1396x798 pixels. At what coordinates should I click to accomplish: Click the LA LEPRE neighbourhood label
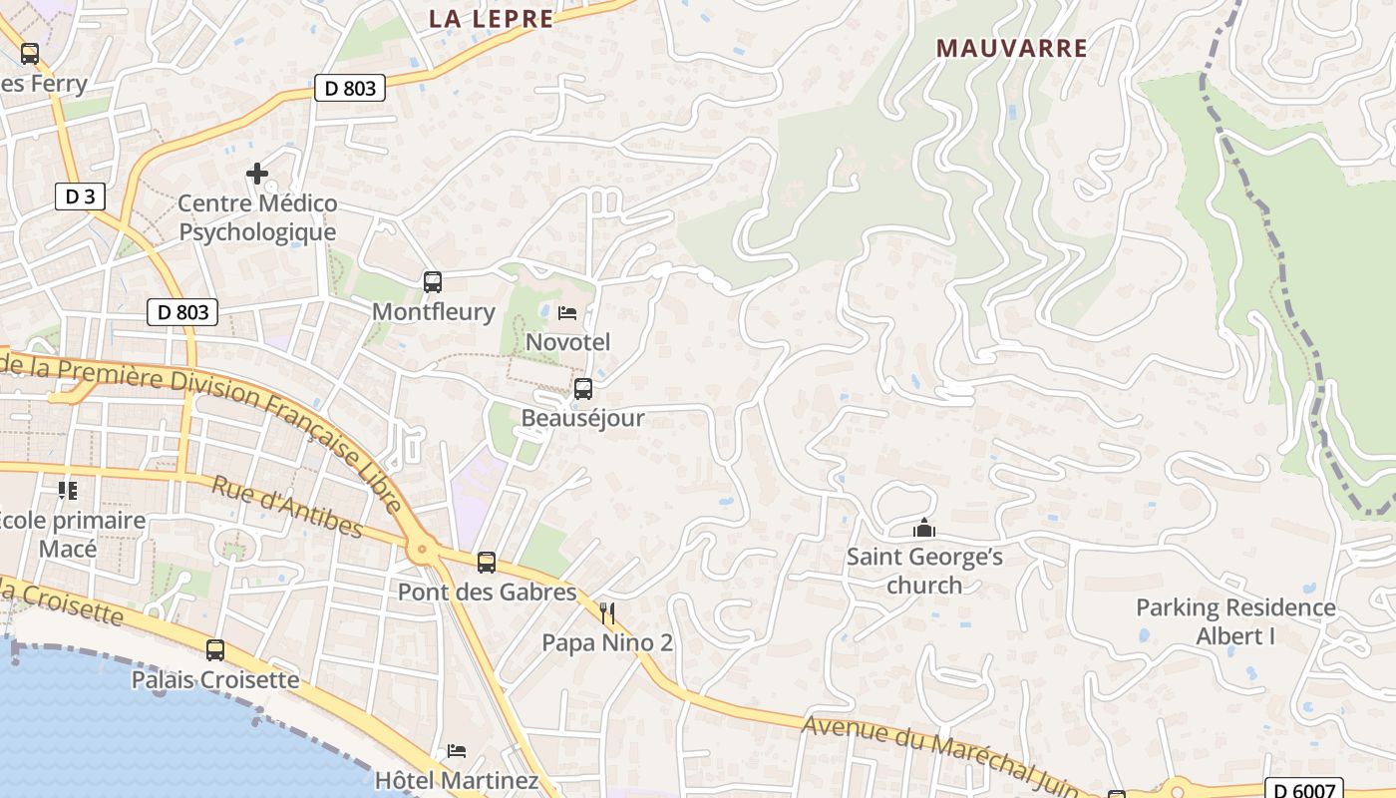[491, 18]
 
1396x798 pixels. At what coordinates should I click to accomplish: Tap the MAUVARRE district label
[1012, 47]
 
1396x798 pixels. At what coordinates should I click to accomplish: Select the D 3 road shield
[80, 197]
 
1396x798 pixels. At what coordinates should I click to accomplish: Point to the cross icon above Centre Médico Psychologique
[257, 174]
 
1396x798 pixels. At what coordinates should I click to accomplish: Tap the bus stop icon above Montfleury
[432, 282]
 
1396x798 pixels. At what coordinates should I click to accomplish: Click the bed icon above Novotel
[567, 313]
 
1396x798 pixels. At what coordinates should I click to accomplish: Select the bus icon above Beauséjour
[583, 388]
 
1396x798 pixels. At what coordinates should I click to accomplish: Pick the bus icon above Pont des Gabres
[487, 563]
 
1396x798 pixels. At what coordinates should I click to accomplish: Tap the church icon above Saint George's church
[924, 527]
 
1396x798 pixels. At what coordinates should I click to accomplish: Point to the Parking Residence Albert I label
[1235, 621]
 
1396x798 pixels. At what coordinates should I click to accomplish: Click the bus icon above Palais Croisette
[215, 650]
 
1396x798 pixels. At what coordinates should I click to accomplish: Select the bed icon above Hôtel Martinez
[457, 750]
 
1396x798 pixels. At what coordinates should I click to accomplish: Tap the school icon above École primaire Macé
[68, 490]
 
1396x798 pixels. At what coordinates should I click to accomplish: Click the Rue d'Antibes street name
[287, 507]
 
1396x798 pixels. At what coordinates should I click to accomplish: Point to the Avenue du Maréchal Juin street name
[942, 756]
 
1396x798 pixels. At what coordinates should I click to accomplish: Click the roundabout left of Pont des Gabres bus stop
[423, 548]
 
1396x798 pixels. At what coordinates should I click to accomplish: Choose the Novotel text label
[567, 342]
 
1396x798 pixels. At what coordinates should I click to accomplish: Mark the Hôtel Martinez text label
[457, 780]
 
